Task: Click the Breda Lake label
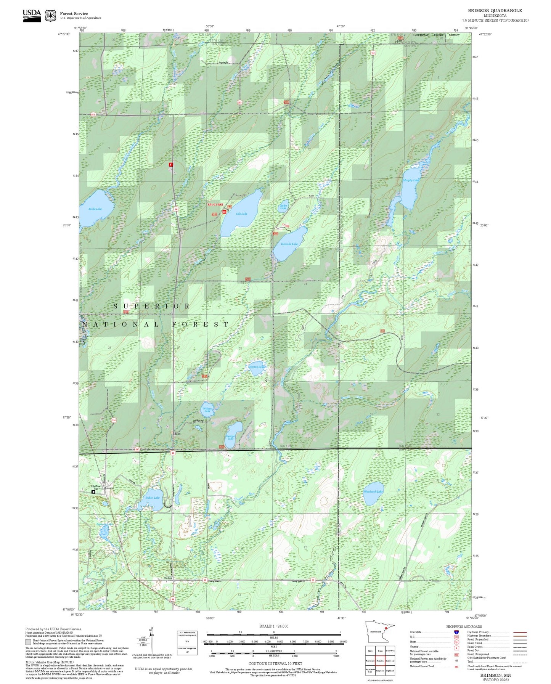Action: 95,209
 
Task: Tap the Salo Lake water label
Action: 241,214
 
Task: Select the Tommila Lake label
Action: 289,244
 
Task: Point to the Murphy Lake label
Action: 411,180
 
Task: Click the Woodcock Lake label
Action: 373,492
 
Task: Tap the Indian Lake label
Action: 153,498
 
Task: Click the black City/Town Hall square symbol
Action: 93,492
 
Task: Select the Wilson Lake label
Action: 207,410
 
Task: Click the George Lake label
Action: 230,437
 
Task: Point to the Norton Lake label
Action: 256,367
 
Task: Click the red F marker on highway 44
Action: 171,164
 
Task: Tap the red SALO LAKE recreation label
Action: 215,205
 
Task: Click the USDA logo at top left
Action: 32,15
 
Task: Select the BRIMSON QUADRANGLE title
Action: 495,10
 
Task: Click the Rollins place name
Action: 168,578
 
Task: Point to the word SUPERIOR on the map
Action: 152,306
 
